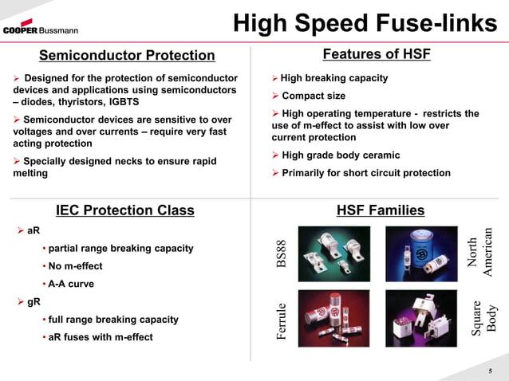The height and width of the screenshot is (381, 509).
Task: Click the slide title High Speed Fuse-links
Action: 365,24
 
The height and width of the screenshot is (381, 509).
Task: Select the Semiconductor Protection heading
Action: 127,55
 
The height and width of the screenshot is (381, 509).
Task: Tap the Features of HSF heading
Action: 376,54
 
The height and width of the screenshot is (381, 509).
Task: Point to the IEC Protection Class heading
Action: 124,210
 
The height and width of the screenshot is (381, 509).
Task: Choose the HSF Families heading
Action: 381,210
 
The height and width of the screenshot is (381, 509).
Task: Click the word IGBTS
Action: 116,102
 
